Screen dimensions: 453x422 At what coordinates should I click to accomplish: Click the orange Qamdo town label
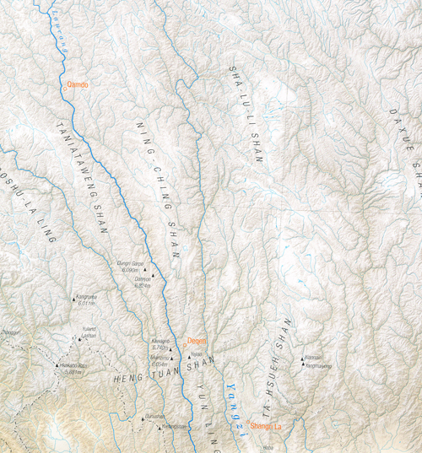click(78, 84)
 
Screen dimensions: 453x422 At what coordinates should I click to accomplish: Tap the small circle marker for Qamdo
click(63, 84)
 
